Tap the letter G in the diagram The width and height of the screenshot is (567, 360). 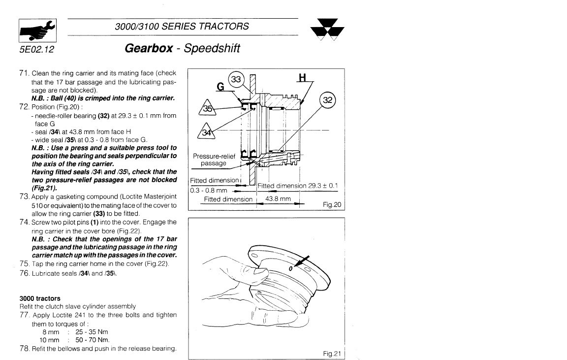[x=220, y=87]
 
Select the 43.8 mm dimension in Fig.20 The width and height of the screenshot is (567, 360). [x=278, y=199]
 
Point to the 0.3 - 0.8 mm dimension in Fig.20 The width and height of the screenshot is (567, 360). [x=209, y=190]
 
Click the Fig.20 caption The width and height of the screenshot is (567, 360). [x=332, y=204]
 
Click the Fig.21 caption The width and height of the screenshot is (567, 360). [x=332, y=353]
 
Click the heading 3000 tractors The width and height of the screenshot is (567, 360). [x=40, y=298]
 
